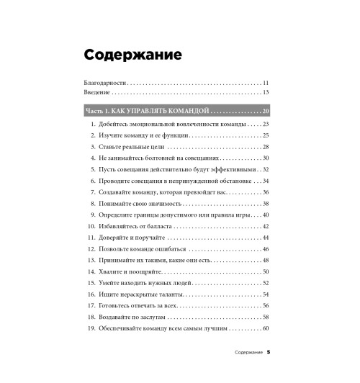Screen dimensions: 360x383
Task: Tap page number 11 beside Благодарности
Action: coord(266,84)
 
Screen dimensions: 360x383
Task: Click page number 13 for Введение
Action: coord(266,93)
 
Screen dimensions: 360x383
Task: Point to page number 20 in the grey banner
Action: coord(265,111)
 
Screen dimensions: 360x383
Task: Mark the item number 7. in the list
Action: coord(94,192)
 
